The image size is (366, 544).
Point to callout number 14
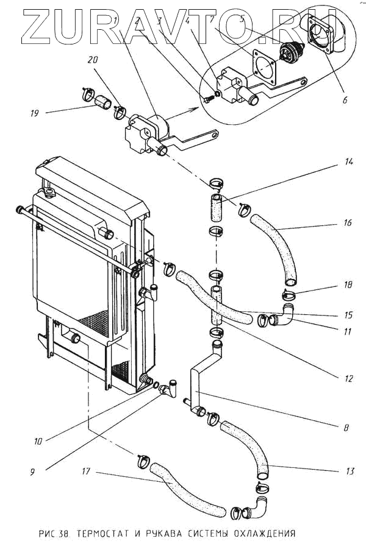coord(349,162)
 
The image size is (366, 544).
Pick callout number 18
coord(348,284)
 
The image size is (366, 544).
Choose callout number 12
coord(348,378)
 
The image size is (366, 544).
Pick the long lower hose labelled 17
coord(189,490)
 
